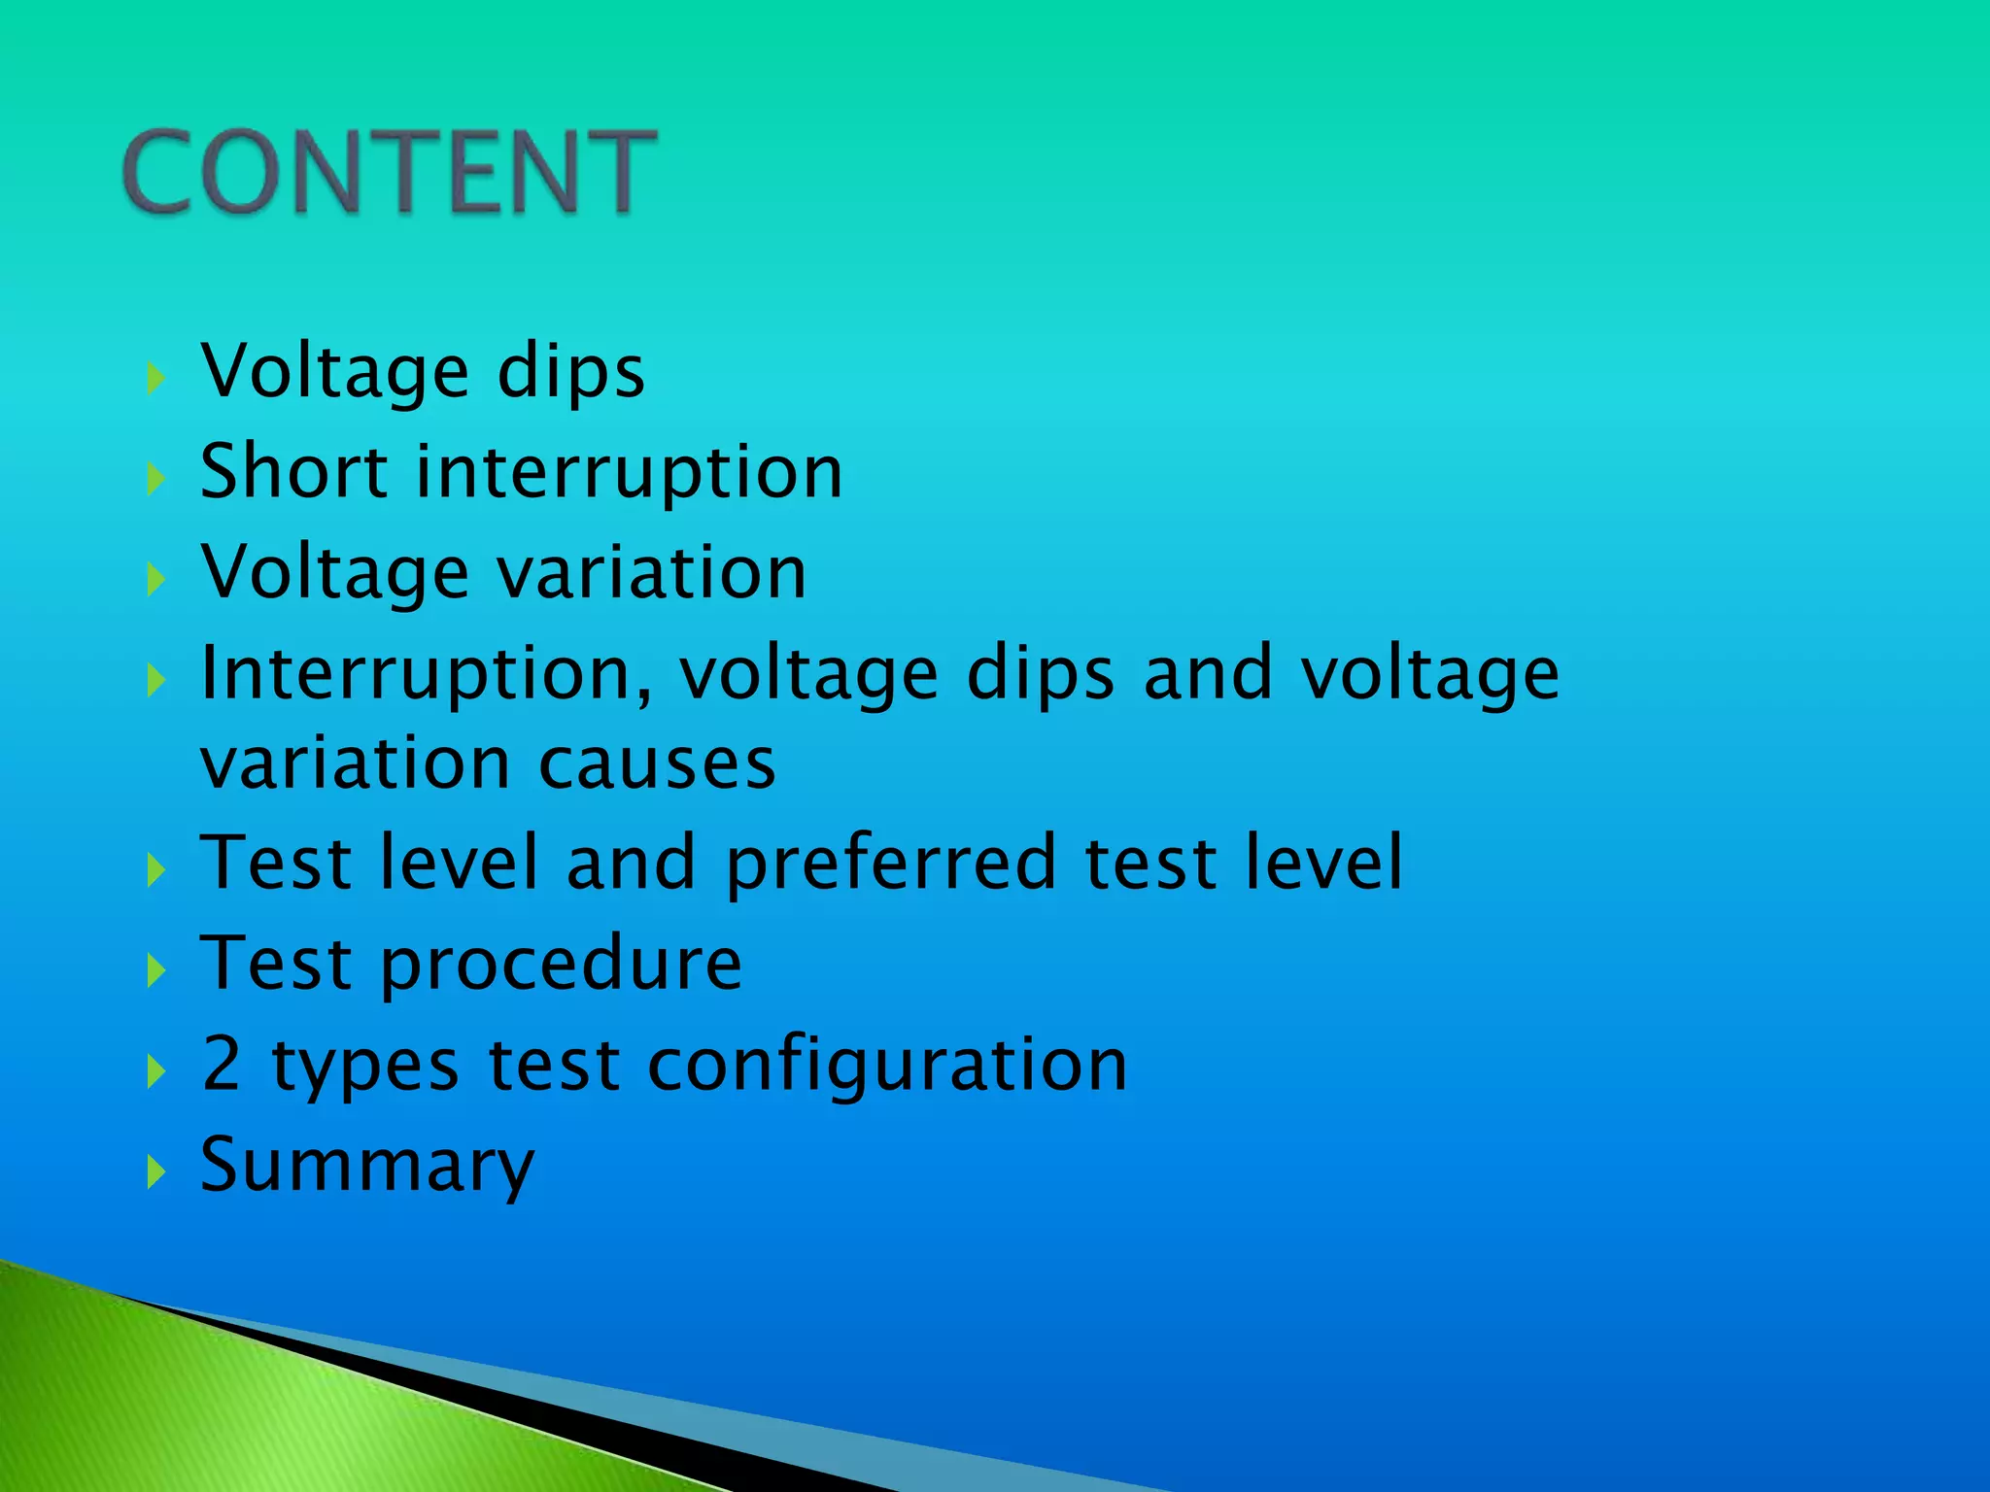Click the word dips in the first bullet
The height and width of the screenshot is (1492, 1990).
[570, 372]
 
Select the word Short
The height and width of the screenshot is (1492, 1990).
[294, 471]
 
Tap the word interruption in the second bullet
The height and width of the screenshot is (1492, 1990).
[629, 473]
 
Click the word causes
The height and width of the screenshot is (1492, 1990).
[657, 763]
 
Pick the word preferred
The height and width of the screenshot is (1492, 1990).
[890, 864]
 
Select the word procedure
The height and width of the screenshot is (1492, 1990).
[562, 965]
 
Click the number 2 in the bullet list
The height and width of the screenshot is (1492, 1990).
[222, 1064]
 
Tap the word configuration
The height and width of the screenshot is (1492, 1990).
[887, 1066]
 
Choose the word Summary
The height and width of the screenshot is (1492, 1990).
[367, 1166]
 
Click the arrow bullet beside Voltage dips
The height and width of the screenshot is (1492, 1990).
[155, 377]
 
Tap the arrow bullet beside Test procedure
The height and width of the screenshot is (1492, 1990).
[155, 969]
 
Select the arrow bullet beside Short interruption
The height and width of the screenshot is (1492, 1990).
[155, 477]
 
